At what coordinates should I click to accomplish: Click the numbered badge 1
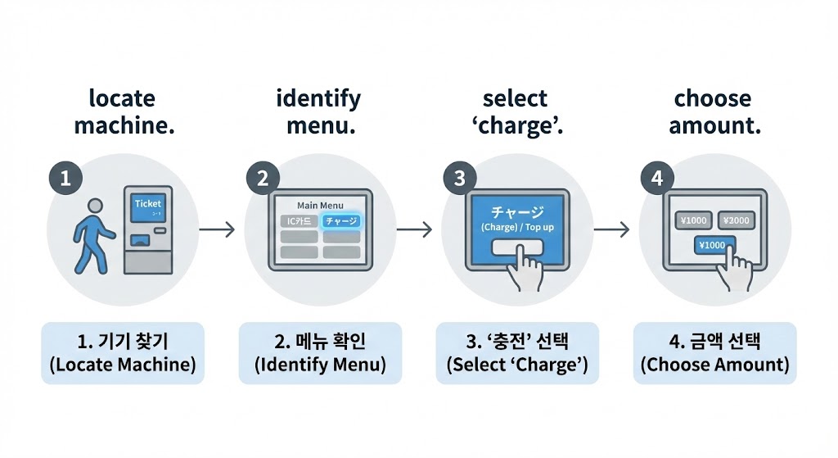tap(65, 179)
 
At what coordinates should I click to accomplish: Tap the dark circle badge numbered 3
tap(460, 179)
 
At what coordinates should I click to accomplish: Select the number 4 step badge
tap(657, 179)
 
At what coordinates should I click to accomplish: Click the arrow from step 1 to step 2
tap(217, 230)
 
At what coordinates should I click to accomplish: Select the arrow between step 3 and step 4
tap(611, 230)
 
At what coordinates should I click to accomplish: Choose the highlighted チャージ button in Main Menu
tap(341, 221)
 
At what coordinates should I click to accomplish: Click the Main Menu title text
tap(320, 205)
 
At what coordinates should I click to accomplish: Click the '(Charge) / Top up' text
tap(517, 227)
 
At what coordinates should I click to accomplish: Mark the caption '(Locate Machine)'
tap(123, 365)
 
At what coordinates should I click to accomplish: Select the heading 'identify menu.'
tap(318, 112)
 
